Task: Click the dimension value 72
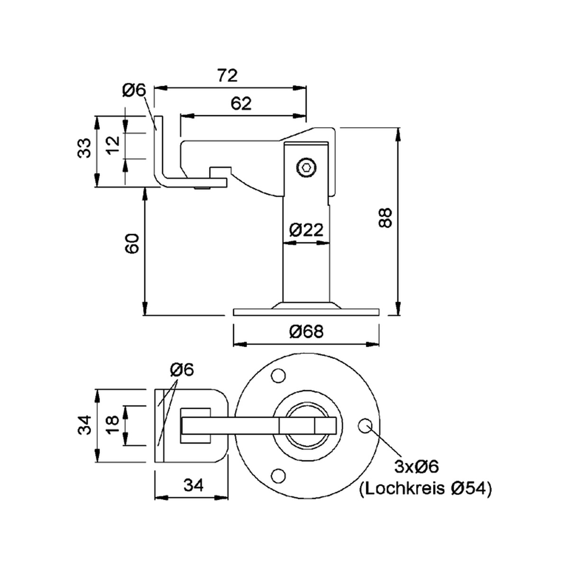pyautogui.click(x=228, y=75)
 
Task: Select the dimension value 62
pyautogui.click(x=241, y=104)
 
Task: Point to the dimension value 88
pyautogui.click(x=385, y=218)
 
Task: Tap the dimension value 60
pyautogui.click(x=132, y=243)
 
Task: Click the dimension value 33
pyautogui.click(x=84, y=148)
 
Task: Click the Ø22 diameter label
pyautogui.click(x=306, y=229)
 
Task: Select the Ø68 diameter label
pyautogui.click(x=306, y=331)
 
